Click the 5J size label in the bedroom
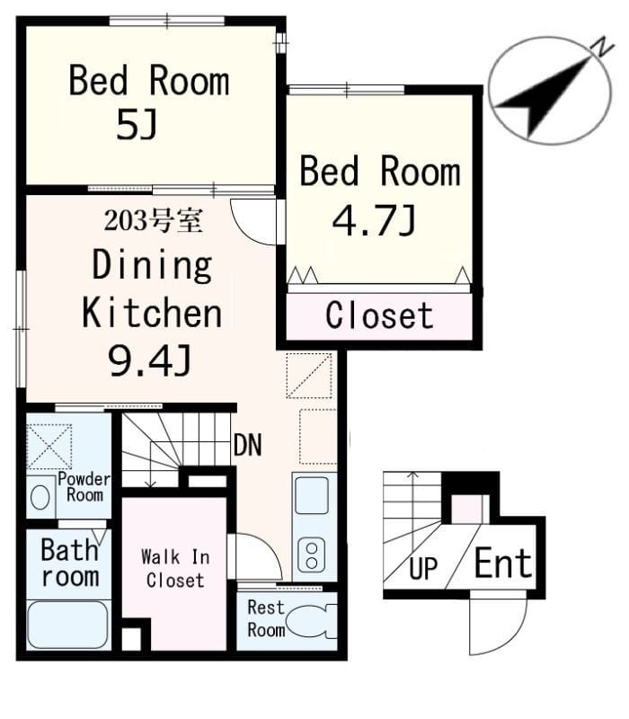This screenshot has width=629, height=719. point(137,125)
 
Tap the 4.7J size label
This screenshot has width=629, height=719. point(374,220)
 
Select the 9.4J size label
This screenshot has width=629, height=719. point(149,360)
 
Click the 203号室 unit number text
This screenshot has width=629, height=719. point(153,220)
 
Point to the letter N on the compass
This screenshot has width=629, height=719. point(602,48)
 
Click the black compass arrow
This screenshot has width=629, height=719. point(545,96)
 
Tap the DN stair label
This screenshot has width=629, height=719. point(248,444)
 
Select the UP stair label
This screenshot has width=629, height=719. point(422,569)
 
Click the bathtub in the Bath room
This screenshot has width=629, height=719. point(68,625)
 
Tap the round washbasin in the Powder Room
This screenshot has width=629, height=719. point(40,497)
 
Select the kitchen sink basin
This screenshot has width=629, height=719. point(312,495)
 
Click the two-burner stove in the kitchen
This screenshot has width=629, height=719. point(312,555)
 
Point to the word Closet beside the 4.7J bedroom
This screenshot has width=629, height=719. point(379,315)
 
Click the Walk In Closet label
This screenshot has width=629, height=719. point(175,569)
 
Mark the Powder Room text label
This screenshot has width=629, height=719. point(84,487)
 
